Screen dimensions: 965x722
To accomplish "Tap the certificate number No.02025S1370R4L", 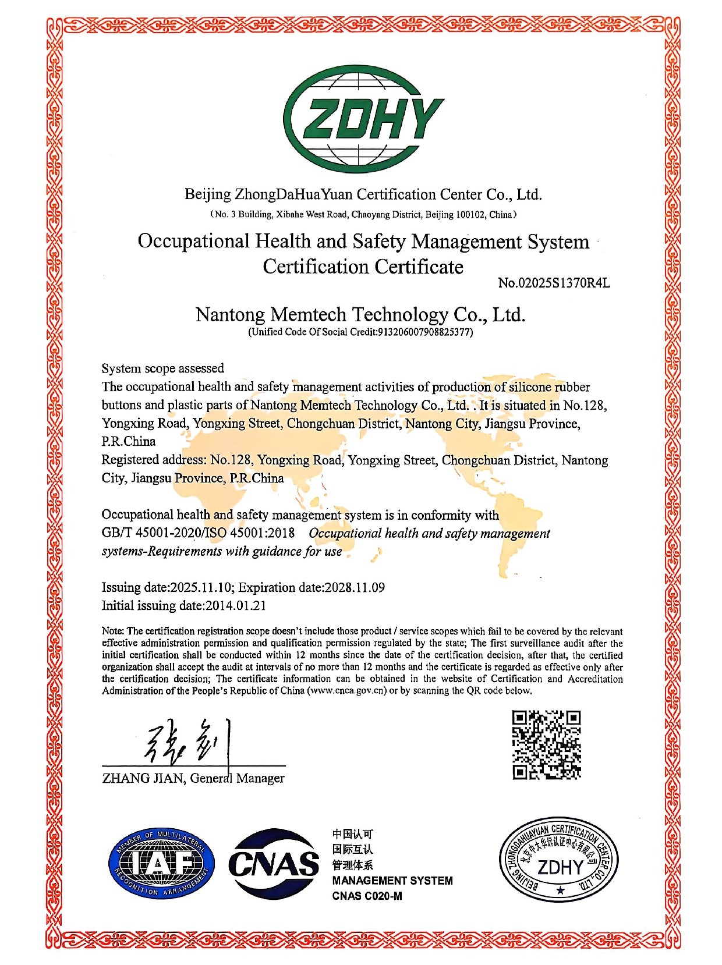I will click(554, 283).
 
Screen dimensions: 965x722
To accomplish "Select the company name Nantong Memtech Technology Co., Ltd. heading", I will click(360, 315).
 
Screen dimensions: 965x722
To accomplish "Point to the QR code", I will click(546, 744).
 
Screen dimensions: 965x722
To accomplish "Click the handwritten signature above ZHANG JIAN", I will click(186, 742).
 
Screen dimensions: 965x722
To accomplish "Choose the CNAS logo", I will click(274, 864).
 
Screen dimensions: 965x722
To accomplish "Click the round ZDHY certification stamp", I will click(557, 860).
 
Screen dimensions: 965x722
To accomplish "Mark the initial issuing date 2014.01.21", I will click(236, 606).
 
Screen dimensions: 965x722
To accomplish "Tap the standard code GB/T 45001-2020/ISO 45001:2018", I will click(198, 533).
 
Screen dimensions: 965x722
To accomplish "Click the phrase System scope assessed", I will click(162, 368).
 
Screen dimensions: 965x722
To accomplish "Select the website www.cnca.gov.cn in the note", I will click(347, 691).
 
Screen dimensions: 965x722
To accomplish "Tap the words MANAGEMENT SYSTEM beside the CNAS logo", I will click(392, 881).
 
